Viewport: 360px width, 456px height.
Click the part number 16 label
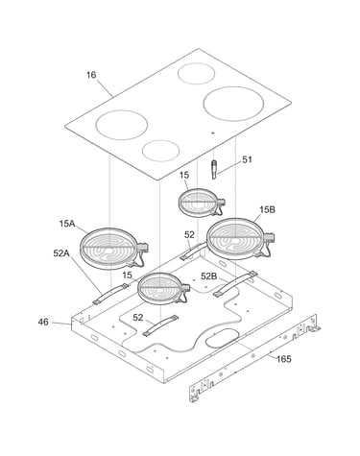click(x=91, y=75)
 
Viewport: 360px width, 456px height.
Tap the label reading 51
click(x=247, y=159)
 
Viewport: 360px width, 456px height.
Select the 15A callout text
click(x=67, y=224)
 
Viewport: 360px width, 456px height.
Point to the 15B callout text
click(x=267, y=210)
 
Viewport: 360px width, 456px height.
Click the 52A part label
click(x=61, y=253)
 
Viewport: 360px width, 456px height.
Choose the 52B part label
click(x=208, y=276)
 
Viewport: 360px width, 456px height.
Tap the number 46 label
click(x=43, y=322)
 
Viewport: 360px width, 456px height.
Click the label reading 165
click(x=284, y=359)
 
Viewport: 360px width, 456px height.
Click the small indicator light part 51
click(x=213, y=170)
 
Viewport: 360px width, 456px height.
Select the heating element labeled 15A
click(x=113, y=249)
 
